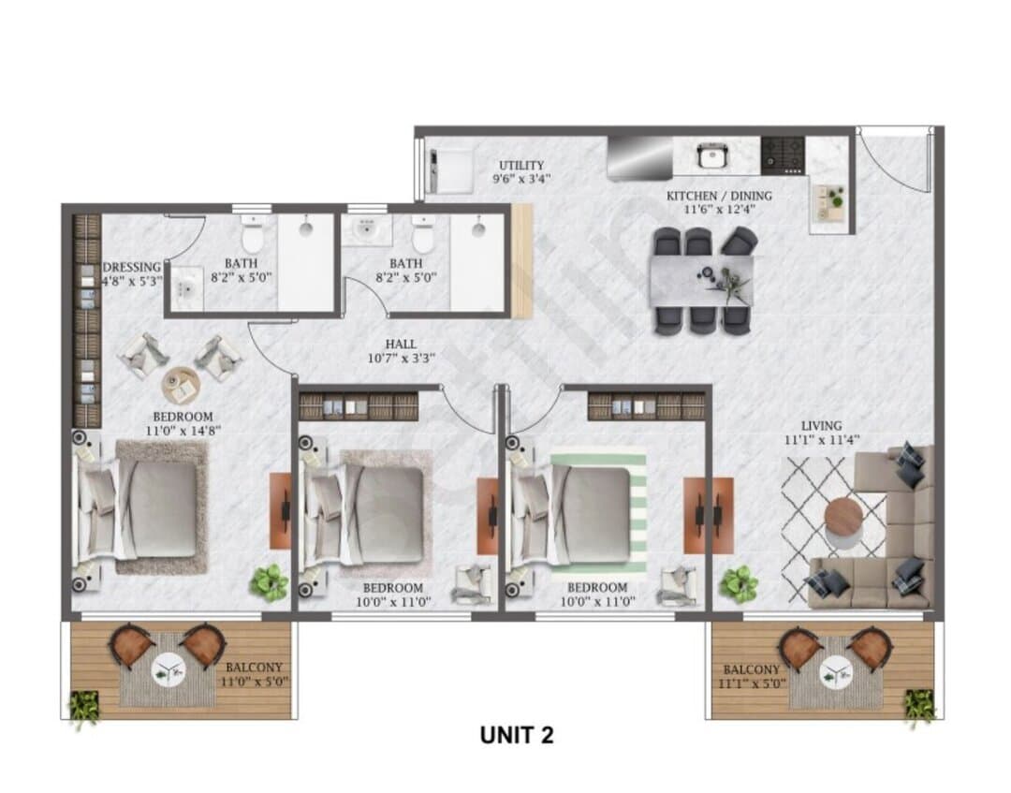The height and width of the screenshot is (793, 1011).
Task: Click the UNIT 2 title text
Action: (517, 734)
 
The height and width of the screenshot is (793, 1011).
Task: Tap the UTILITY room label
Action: (521, 166)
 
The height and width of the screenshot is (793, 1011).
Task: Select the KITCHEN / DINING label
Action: (718, 196)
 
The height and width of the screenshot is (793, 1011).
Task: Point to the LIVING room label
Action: (822, 425)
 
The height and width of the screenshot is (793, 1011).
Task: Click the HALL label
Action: (401, 345)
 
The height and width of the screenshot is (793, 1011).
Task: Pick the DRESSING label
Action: (132, 267)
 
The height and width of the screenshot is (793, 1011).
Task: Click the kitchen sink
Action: (711, 155)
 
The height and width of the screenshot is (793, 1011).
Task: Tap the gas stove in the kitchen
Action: (783, 155)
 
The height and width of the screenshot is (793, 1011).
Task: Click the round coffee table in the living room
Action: (844, 517)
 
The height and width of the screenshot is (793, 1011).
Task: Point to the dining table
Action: (701, 281)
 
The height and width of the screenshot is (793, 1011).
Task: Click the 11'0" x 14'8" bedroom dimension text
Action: (183, 430)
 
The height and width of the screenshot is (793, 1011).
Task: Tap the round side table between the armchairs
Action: (181, 386)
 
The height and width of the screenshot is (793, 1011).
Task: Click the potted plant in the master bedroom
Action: (270, 583)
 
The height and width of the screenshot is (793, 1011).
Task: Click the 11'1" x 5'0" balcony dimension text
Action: (752, 683)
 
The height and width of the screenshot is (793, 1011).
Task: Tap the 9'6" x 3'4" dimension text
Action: (521, 179)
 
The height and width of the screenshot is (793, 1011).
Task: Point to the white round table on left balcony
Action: (168, 671)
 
